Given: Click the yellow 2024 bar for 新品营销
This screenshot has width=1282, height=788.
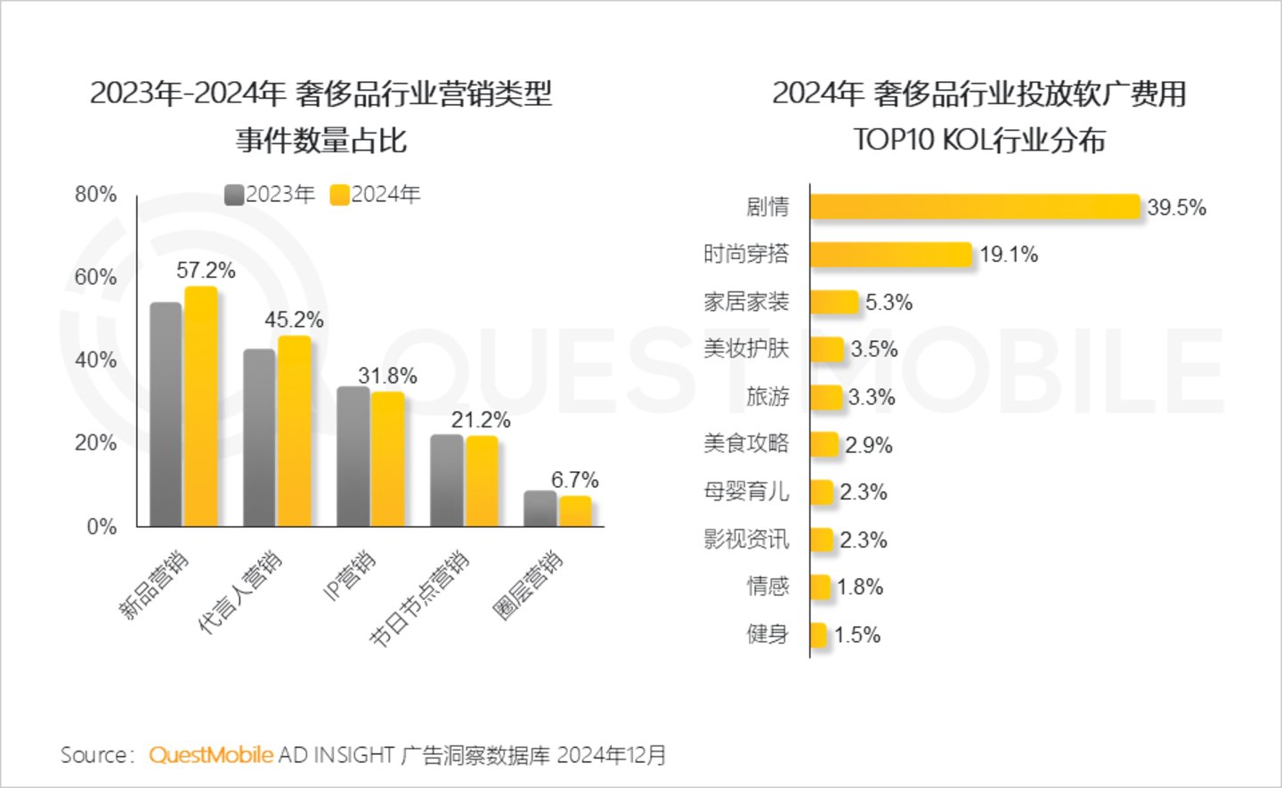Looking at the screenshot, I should click(x=201, y=407).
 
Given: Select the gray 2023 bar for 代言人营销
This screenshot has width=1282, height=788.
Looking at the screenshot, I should click(x=259, y=437).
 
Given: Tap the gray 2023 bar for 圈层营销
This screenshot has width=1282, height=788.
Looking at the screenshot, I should click(x=540, y=508).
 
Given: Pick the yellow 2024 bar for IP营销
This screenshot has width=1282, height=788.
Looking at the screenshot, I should click(x=388, y=459).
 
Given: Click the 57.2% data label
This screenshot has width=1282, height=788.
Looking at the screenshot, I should click(x=206, y=271).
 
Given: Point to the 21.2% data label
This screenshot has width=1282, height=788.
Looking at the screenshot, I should click(x=481, y=420).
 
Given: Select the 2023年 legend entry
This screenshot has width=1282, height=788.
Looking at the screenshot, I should click(x=270, y=195).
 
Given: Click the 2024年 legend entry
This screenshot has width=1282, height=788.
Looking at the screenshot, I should click(x=375, y=195).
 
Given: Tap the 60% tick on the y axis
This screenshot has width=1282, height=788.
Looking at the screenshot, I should click(x=95, y=277).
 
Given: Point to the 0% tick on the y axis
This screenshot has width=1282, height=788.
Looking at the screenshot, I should click(x=101, y=526).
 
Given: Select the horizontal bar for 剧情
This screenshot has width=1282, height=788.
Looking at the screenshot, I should click(x=975, y=207).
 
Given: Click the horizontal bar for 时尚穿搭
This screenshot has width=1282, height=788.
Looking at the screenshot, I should click(x=890, y=255).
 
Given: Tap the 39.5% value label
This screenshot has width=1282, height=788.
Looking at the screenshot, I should click(x=1176, y=207).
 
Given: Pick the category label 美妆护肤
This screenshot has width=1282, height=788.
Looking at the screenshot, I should click(x=746, y=349).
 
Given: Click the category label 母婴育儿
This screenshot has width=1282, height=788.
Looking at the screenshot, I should click(x=746, y=491).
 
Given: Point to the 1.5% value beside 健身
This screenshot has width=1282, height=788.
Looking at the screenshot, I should click(x=857, y=635).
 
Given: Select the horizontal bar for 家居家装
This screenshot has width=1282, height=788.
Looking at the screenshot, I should click(x=834, y=302).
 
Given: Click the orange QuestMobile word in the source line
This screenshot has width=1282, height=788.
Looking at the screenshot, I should click(x=211, y=755).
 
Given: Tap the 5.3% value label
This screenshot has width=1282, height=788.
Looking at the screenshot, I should click(x=888, y=303).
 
